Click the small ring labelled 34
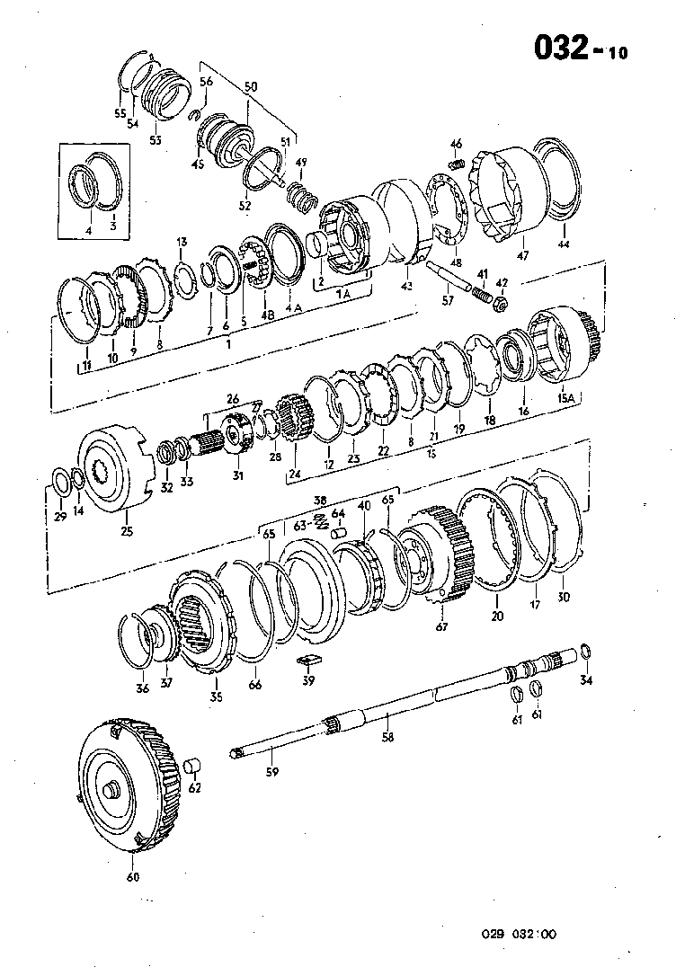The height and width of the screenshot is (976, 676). coord(586,652)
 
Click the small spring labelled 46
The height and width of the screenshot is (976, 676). coord(456,165)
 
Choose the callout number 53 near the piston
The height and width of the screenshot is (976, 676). coord(156,139)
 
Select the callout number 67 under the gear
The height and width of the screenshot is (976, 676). coord(442,626)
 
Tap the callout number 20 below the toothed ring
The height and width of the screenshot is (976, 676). coord(498,616)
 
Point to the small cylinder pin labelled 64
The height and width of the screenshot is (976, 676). coord(339,532)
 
